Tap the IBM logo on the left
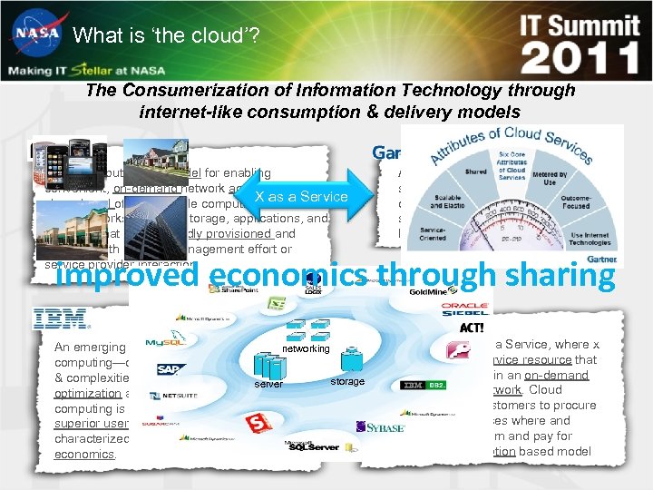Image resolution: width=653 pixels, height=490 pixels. (60, 319)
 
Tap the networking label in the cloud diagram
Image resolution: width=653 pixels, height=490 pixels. (307, 348)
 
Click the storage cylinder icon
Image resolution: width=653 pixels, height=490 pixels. (347, 364)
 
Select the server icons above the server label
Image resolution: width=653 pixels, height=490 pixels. (268, 366)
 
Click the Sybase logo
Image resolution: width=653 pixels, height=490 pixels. (382, 427)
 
